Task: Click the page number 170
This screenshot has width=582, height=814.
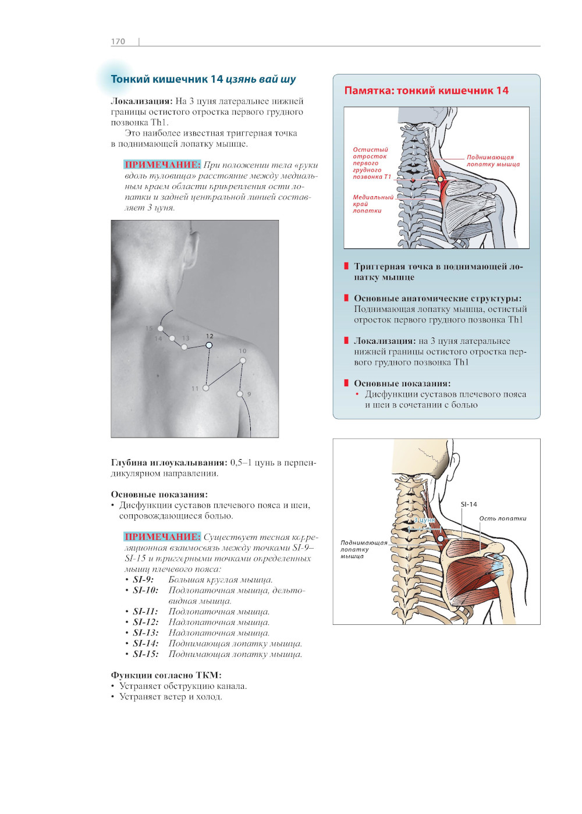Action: tap(118, 41)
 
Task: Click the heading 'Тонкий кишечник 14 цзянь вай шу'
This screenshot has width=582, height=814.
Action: tap(203, 79)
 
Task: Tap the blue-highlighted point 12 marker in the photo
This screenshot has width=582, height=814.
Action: tap(209, 345)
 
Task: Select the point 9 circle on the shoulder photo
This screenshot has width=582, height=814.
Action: tap(240, 394)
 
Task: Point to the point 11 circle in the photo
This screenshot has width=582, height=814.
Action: tap(205, 388)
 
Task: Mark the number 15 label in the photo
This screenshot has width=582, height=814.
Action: tap(149, 328)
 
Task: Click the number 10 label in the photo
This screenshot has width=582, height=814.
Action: tap(243, 351)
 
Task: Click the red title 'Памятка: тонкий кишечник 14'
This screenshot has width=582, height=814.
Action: tap(426, 91)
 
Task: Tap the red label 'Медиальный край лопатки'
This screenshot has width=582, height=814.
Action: tap(372, 204)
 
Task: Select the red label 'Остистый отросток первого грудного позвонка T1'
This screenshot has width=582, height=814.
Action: tap(371, 163)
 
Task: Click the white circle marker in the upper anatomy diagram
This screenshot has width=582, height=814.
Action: tap(441, 179)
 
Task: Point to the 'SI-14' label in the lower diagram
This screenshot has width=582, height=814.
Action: tap(469, 504)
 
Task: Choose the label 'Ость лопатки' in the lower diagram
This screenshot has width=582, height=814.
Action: tap(502, 518)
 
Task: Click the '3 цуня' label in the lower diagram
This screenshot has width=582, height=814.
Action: tap(424, 520)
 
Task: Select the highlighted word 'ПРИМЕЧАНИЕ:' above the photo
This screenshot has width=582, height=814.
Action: tap(162, 165)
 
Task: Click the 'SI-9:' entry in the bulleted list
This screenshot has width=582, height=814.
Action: tap(143, 580)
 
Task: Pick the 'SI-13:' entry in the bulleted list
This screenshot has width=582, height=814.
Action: tap(145, 633)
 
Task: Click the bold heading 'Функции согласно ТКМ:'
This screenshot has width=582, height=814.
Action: tap(166, 675)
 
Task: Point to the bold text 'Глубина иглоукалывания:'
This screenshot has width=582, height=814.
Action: tap(169, 463)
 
